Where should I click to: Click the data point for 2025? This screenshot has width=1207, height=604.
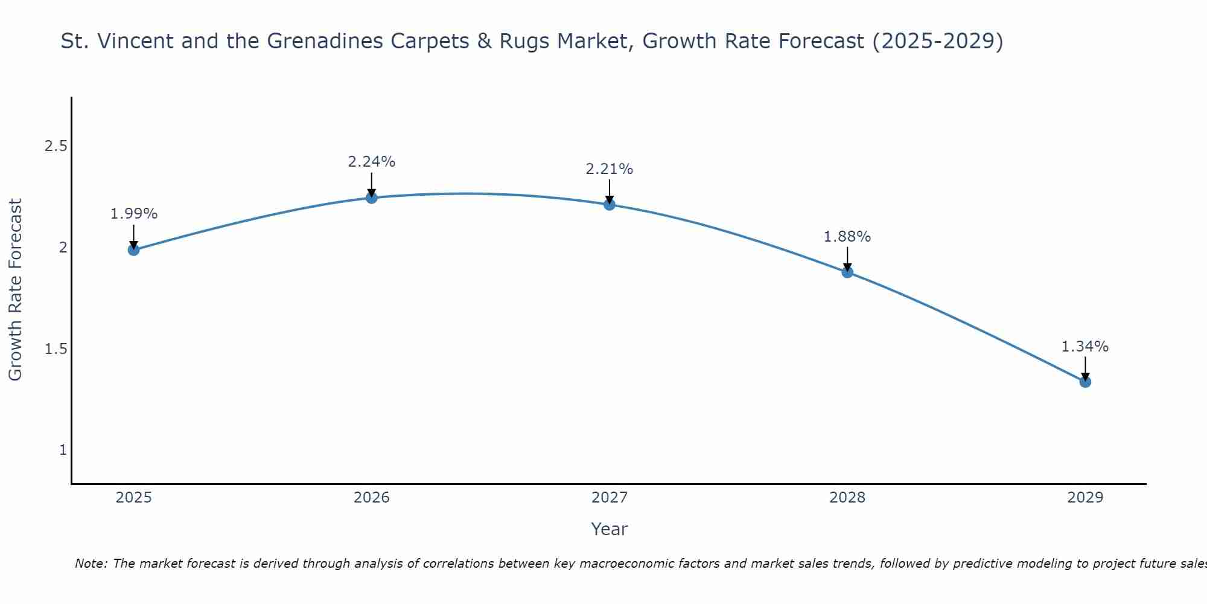point(133,249)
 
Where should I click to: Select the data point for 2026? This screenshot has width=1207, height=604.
point(371,198)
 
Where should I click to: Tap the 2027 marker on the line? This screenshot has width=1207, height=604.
point(609,204)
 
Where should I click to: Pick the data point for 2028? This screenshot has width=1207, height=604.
point(847,272)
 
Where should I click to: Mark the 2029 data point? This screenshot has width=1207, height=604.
point(1085,382)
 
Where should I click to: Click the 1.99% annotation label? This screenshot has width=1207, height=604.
point(133,214)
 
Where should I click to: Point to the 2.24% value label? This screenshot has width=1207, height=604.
point(371,162)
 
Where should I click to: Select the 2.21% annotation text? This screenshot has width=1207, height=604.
point(609,169)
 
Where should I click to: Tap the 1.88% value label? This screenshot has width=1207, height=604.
point(847,237)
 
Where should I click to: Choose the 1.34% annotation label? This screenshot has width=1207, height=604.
point(1085,347)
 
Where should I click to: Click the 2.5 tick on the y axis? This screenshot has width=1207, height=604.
point(56,146)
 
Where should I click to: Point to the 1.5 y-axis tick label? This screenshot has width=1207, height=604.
point(56,349)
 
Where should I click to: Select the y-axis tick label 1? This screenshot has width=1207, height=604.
point(63,450)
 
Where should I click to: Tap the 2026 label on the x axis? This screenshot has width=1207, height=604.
point(371,498)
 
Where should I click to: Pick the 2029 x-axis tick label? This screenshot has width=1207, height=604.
point(1085,498)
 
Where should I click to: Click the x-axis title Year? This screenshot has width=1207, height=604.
point(609,529)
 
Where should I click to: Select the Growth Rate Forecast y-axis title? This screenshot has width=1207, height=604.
point(16,290)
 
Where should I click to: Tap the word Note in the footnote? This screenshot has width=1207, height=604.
point(91,564)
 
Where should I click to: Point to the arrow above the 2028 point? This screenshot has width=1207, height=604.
point(847,259)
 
